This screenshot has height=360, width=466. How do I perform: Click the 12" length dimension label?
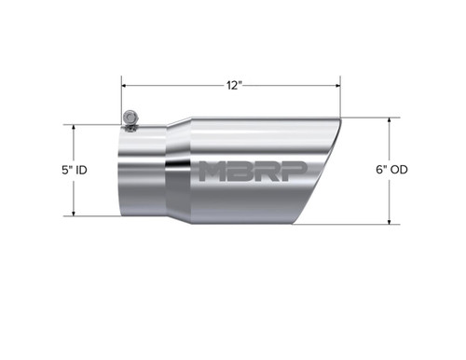coord(234,85)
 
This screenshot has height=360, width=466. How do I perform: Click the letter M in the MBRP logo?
coord(212,172)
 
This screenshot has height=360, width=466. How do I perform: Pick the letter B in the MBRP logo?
coord(238,172)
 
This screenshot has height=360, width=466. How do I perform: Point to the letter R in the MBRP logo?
coord(262,172)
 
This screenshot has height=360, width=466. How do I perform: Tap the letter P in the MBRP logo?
coord(285,172)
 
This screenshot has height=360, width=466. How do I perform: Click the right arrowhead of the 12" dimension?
coord(341,85)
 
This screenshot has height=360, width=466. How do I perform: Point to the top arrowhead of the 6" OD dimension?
coord(389,121)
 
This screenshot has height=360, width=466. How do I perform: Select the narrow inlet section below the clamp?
coord(140,172)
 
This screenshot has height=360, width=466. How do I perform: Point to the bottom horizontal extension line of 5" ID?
coord(93,216)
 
